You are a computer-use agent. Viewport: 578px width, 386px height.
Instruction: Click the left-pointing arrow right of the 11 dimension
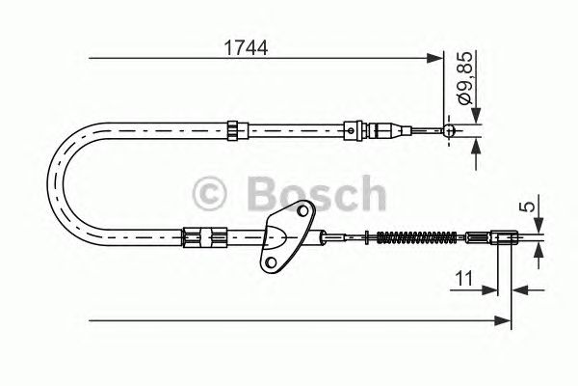pyautogui.click(x=521, y=287)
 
